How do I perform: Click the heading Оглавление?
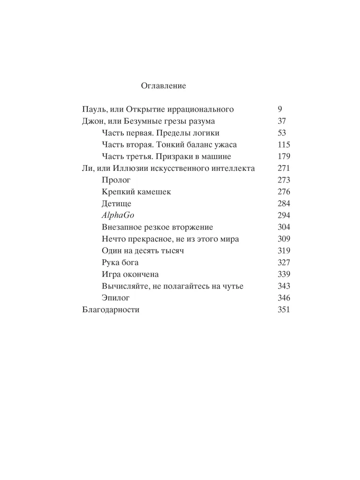(163, 86)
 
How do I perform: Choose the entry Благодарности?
(111, 310)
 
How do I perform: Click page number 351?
(284, 310)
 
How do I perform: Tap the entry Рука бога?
(120, 263)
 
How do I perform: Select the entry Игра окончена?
(130, 275)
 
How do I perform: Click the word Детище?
(117, 204)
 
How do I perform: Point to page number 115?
(284, 144)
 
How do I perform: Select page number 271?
(284, 168)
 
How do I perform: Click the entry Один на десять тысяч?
(143, 251)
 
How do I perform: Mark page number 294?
(284, 216)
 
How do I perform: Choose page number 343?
(284, 287)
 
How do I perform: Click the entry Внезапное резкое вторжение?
(157, 228)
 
